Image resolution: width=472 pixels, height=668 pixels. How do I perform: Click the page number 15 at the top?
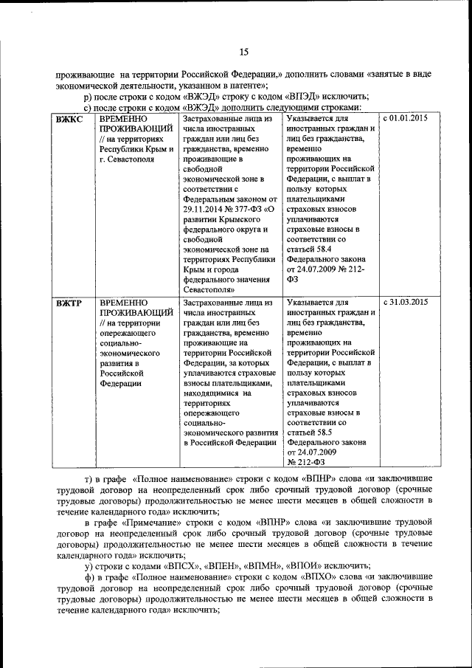pos(243,51)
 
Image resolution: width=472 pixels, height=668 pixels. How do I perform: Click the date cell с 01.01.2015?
pos(405,118)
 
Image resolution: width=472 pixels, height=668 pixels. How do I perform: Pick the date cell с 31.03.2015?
pos(405,302)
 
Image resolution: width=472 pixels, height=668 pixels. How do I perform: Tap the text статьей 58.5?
pos(310,431)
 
